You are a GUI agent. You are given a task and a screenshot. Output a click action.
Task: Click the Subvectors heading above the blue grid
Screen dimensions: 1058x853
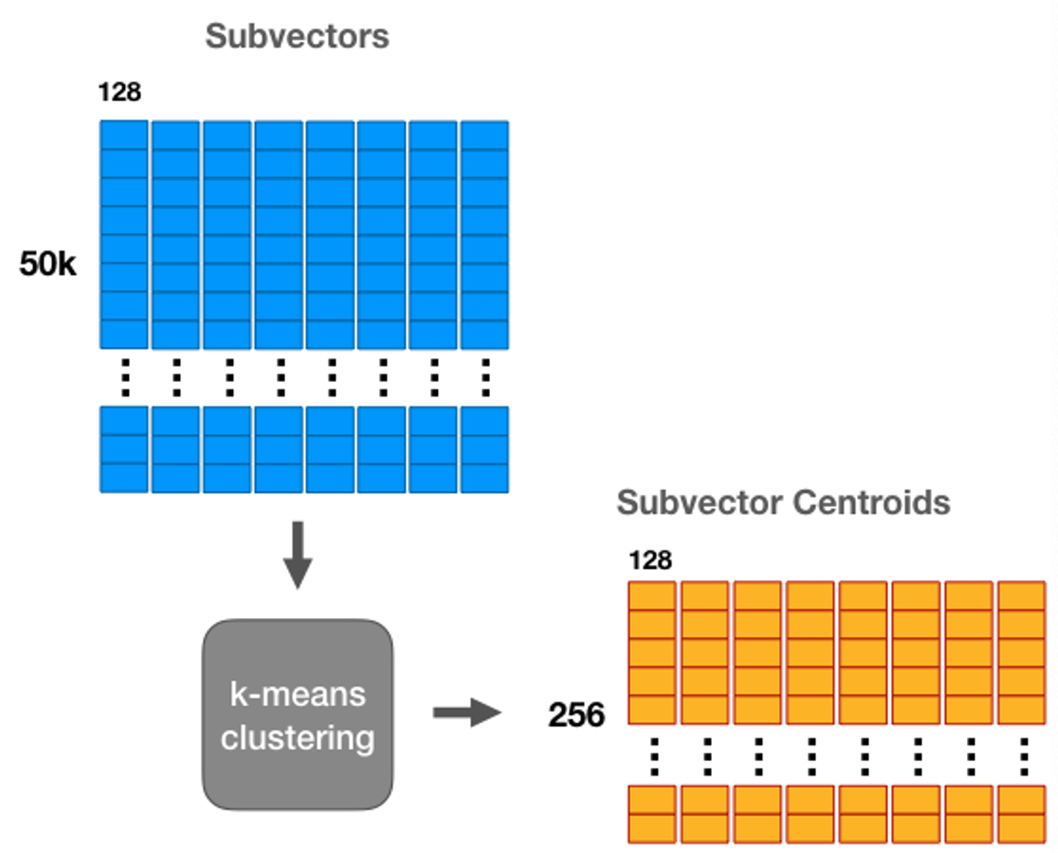[297, 37]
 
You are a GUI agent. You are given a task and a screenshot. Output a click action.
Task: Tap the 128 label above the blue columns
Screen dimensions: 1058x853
[120, 92]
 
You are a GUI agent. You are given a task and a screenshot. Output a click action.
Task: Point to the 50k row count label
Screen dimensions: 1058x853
[48, 264]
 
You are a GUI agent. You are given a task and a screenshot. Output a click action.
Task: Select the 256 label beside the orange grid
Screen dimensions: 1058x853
[576, 714]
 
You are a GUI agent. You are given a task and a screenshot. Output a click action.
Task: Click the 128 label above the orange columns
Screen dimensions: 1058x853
[650, 561]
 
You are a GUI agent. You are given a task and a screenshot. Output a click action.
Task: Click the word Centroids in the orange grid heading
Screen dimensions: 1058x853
[871, 503]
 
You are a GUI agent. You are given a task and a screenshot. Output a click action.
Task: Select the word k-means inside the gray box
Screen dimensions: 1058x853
[298, 694]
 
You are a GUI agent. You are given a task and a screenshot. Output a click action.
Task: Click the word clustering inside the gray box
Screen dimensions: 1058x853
[298, 738]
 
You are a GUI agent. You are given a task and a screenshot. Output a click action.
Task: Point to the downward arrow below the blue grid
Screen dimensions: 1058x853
[298, 555]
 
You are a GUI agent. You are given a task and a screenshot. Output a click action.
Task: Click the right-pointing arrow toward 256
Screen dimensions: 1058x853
[467, 713]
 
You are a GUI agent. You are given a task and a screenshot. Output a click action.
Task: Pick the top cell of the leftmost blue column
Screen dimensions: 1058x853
[124, 134]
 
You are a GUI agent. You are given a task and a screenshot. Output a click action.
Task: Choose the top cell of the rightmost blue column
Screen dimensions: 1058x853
[484, 134]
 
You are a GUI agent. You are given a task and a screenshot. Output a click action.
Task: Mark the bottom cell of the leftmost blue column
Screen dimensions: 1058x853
[124, 478]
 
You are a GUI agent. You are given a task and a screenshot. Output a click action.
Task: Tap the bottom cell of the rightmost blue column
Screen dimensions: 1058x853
[484, 478]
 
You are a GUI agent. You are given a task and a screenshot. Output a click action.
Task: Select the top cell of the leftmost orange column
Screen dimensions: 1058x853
[652, 596]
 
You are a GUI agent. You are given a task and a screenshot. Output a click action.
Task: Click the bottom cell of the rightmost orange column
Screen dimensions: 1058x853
[1021, 829]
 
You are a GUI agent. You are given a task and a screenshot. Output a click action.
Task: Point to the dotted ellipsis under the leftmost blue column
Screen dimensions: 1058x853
[126, 378]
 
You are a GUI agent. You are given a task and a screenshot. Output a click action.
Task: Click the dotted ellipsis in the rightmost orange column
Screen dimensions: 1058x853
[1024, 757]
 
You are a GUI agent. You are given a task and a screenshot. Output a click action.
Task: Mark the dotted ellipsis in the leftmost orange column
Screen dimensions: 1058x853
[655, 757]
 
